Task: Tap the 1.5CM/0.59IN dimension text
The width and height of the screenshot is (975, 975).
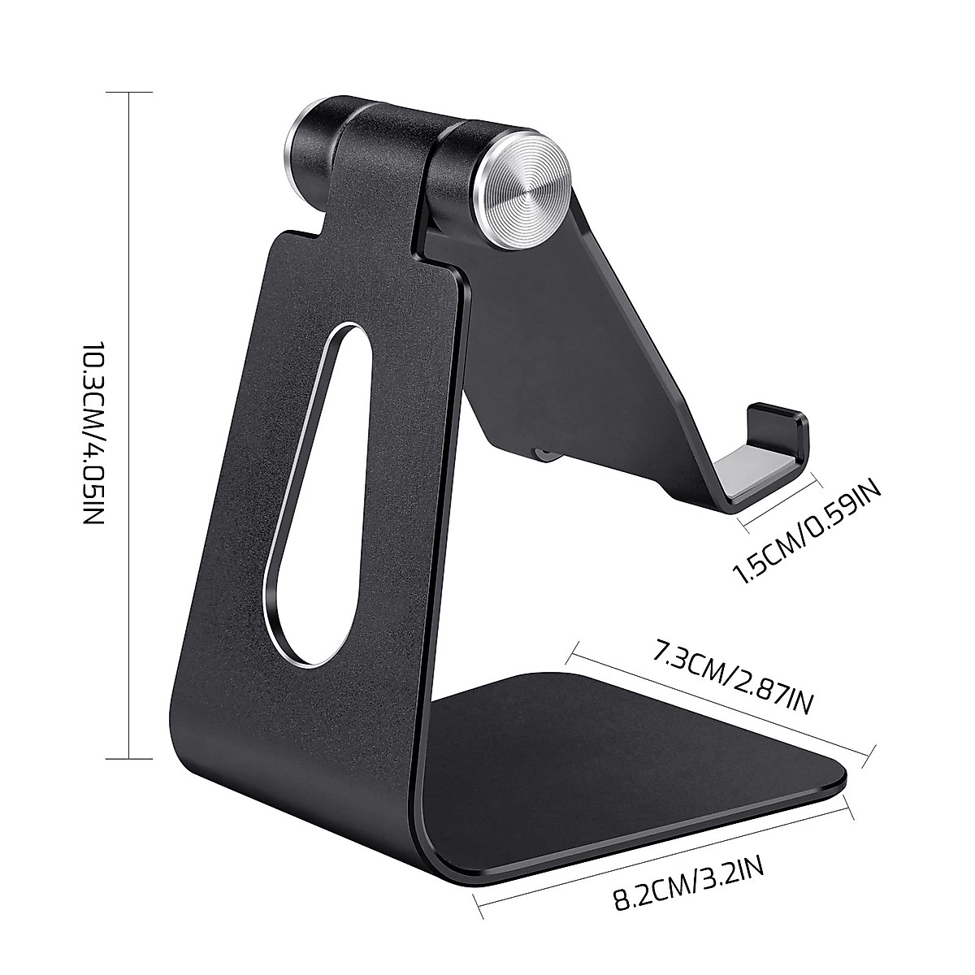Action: coord(807,532)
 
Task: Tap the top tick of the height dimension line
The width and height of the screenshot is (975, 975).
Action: coord(130,93)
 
